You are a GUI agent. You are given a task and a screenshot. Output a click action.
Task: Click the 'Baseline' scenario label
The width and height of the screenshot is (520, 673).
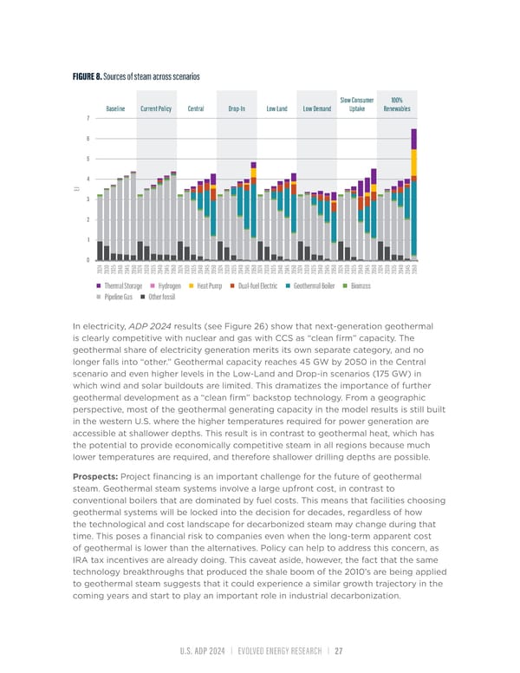pos(115,108)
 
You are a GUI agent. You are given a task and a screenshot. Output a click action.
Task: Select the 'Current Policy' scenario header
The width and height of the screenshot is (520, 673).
pos(155,108)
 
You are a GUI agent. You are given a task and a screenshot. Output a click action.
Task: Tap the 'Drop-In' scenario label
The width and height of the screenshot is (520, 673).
pos(237,108)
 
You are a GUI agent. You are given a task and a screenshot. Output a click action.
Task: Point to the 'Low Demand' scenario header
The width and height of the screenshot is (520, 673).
pos(317,108)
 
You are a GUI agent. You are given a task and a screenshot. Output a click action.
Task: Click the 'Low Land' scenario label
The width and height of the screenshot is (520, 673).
pos(277,108)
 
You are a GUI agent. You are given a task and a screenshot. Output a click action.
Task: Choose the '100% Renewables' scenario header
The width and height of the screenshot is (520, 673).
pos(397,104)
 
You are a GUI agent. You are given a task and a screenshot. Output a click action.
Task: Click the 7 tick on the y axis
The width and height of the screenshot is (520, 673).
pos(89,118)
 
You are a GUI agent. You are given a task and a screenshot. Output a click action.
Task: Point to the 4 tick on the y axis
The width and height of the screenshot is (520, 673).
pos(89,179)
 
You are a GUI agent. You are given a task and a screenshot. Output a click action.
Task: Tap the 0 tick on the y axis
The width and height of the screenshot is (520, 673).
pos(89,260)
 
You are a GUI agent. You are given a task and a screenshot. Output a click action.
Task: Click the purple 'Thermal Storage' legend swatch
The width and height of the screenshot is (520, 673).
pos(100,285)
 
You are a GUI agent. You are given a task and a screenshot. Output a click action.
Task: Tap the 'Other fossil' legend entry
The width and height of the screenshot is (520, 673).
pos(159,297)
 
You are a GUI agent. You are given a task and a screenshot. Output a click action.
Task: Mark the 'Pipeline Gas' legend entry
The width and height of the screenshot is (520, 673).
pos(118,297)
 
